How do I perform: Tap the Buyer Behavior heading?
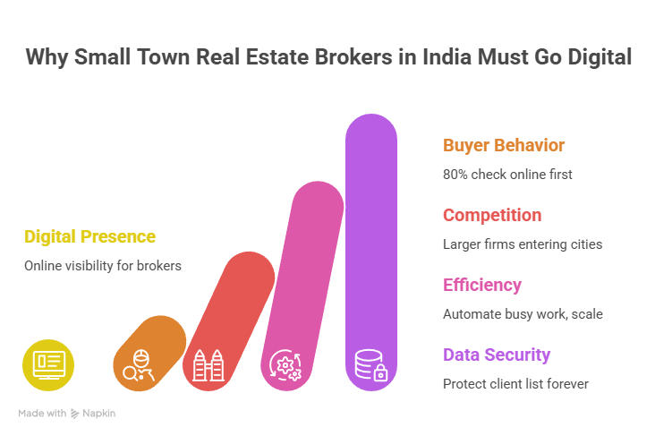(x=504, y=145)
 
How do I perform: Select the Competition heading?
(x=492, y=215)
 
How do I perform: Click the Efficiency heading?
(x=482, y=285)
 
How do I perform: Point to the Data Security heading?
(x=497, y=355)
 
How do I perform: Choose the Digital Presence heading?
(x=89, y=236)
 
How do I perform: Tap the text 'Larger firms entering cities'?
(x=523, y=244)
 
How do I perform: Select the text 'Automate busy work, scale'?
(x=523, y=313)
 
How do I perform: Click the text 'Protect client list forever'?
(x=515, y=383)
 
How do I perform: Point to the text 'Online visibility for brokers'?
(x=103, y=266)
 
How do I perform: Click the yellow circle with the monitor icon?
(x=48, y=365)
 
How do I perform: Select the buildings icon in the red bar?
(x=209, y=365)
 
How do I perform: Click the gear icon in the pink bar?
(x=287, y=365)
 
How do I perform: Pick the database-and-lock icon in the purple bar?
(x=370, y=365)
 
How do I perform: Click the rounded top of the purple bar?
(x=371, y=130)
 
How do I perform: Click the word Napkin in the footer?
(x=99, y=414)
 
